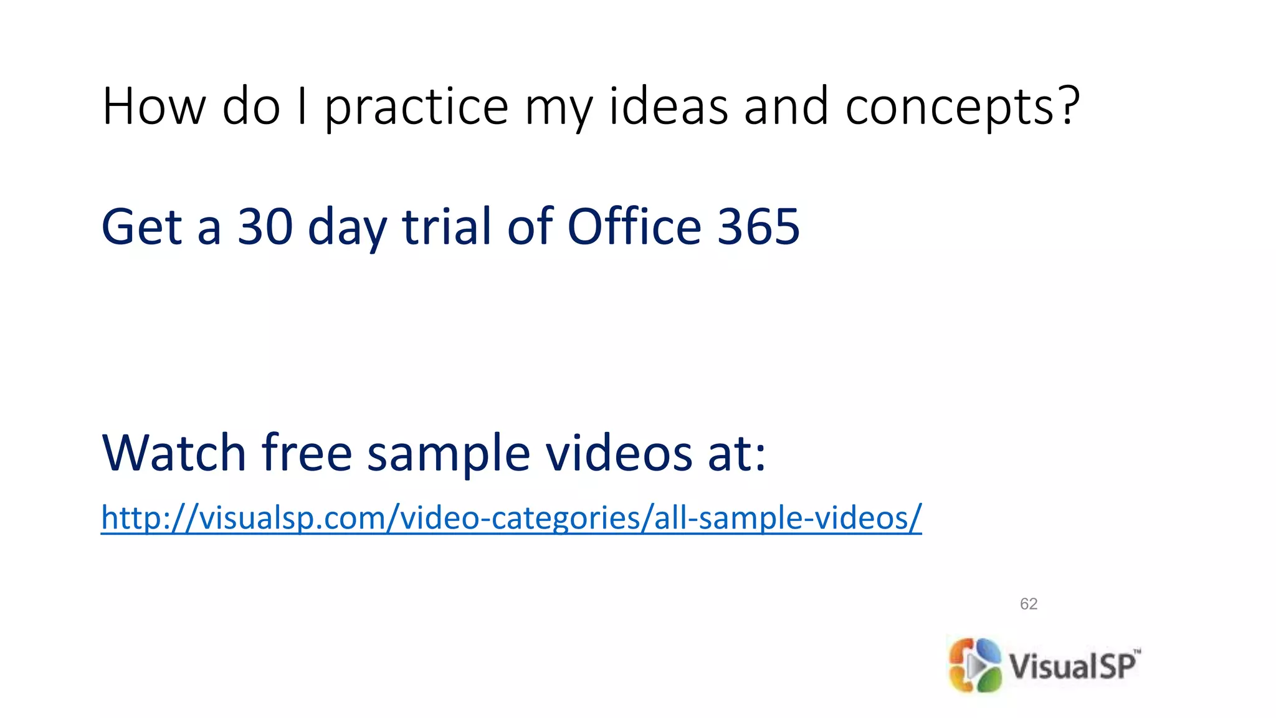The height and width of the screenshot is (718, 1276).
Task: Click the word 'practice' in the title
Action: click(x=416, y=107)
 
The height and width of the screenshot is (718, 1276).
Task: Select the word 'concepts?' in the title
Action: click(x=962, y=107)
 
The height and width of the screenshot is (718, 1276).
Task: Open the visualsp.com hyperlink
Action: click(x=511, y=518)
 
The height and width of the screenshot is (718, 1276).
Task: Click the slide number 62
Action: click(x=1029, y=603)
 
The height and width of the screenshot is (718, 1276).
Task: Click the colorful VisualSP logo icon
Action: click(x=974, y=665)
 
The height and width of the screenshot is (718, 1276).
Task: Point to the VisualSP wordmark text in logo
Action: click(x=1074, y=665)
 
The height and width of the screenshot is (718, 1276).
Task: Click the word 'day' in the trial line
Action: click(x=347, y=228)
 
